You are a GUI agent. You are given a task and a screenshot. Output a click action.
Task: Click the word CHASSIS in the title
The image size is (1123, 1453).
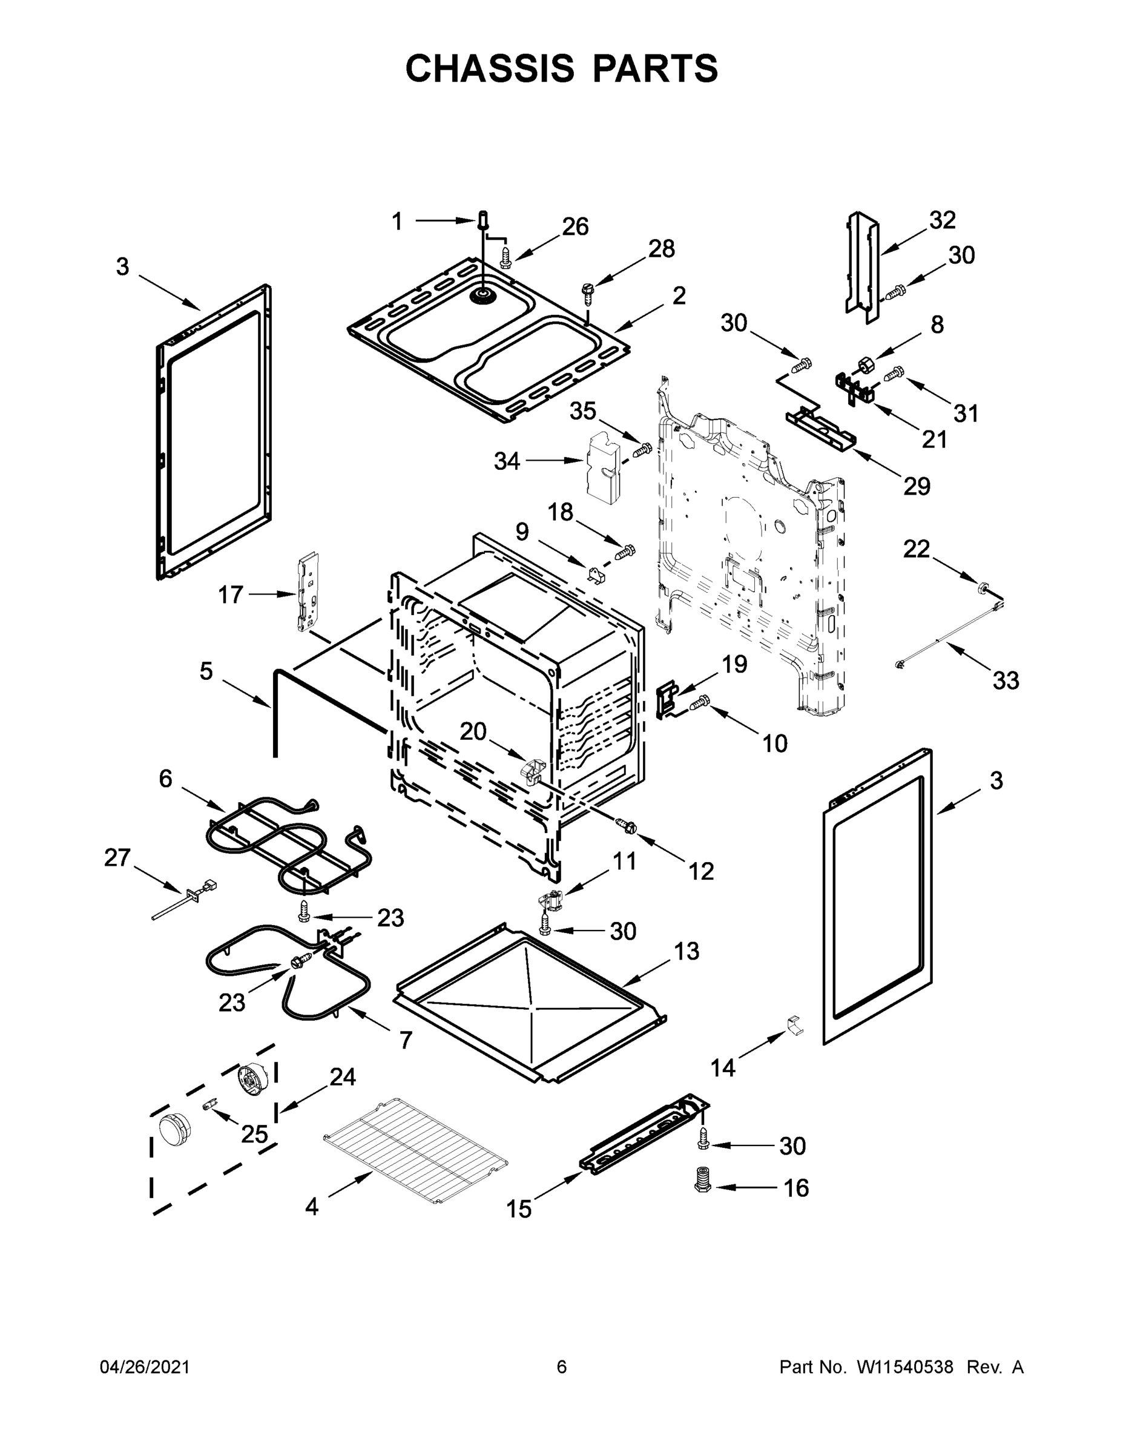(x=490, y=68)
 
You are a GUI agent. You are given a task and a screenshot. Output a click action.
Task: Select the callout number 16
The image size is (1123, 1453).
(x=796, y=1188)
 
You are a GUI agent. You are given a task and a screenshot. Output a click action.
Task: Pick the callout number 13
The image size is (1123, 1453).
(x=687, y=951)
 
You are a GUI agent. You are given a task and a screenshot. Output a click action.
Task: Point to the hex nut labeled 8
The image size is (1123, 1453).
(x=867, y=364)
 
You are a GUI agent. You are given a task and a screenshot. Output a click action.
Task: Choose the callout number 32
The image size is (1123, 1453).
(x=942, y=220)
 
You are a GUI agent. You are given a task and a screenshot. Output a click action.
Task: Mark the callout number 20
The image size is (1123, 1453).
(x=473, y=731)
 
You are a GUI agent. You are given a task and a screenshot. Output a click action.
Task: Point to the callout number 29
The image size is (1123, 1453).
(x=916, y=486)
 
